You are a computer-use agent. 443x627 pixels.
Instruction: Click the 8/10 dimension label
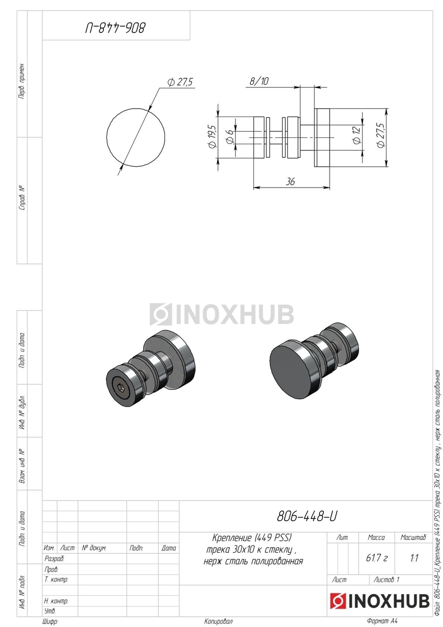(259, 81)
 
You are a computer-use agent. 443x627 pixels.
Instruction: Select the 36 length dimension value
(290, 182)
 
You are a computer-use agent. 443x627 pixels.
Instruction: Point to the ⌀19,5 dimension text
(212, 136)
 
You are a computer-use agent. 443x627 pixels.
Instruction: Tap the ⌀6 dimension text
(230, 137)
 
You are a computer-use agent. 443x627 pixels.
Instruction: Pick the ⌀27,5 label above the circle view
(180, 83)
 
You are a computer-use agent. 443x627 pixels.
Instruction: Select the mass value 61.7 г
(377, 558)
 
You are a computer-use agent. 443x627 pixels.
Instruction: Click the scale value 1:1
(414, 558)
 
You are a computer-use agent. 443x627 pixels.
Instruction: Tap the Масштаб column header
(413, 537)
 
